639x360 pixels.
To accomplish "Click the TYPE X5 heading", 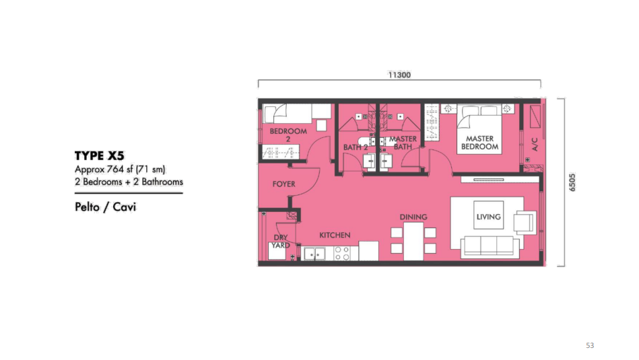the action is point(100,155).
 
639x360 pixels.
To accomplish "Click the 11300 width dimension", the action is point(399,75).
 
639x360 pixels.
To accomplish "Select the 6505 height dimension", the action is point(572,182).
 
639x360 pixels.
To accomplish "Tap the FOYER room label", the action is point(283,184).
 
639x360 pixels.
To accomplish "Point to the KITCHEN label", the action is point(335,235).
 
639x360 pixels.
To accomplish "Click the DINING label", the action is point(413,217).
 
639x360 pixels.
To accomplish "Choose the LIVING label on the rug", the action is point(488,217).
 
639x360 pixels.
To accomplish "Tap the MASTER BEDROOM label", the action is point(479,143).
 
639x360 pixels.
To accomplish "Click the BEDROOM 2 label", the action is point(288,135).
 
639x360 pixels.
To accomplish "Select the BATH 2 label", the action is point(356,147).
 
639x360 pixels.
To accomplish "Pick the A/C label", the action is point(535,144).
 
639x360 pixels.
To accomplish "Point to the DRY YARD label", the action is point(281,241).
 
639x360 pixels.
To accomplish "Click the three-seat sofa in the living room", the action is point(490,246).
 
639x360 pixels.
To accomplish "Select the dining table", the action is point(413,242).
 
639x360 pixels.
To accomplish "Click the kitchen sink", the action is point(314,254).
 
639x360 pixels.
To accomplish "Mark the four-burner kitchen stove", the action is point(342,253).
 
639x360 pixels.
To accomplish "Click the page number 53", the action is point(590,345).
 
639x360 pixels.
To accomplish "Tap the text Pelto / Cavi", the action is point(105,207).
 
